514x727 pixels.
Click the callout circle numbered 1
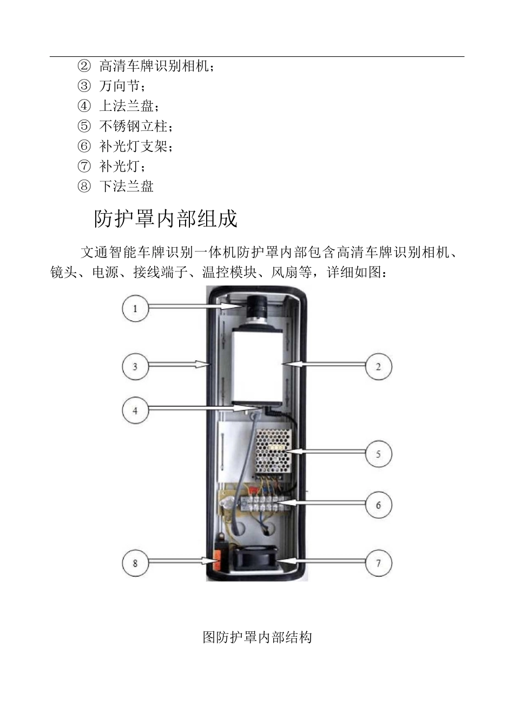tap(135, 308)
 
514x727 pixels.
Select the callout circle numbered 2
tap(378, 366)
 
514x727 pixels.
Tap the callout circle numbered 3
tap(135, 366)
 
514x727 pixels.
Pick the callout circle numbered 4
tap(135, 410)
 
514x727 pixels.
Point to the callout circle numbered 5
tap(378, 453)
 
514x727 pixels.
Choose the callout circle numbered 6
tap(378, 505)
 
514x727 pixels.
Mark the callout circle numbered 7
tap(378, 563)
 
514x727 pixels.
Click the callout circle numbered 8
tap(135, 563)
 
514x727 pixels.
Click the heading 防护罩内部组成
tap(166, 219)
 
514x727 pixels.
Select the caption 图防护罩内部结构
tap(257, 637)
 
